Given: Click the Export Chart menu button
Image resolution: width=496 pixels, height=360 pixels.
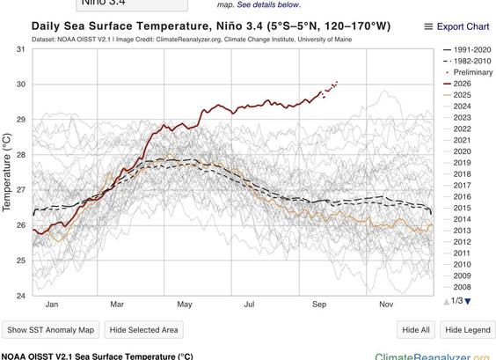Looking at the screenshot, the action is click(456, 26).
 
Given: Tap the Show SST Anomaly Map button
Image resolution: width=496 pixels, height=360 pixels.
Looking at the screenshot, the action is click(51, 330).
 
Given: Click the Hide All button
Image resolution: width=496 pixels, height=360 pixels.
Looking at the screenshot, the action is click(416, 330).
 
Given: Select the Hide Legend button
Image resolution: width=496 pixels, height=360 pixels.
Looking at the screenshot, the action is click(468, 330).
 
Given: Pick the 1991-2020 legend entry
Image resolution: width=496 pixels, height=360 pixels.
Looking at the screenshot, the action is click(467, 49).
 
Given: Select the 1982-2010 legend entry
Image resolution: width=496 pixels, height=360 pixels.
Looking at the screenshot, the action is click(467, 61).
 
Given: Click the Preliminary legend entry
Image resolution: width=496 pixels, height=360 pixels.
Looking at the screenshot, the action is click(469, 72).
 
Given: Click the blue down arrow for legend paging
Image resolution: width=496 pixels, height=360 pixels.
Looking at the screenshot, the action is click(468, 301).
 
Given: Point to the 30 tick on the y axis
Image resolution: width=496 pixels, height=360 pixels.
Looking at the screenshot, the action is click(20, 84).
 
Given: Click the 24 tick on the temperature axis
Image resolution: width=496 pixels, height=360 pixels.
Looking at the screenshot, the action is click(20, 296).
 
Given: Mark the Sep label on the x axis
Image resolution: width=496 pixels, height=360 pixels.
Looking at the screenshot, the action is click(319, 305).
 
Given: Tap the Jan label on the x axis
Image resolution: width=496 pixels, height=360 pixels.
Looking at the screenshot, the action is click(52, 305).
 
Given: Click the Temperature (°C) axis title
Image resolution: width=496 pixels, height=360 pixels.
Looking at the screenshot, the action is click(7, 173).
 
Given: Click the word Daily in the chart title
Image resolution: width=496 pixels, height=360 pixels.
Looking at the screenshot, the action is click(46, 26).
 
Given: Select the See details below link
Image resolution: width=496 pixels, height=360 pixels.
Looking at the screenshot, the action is click(268, 4).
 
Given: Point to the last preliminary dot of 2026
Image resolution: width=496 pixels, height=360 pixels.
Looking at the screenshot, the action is click(337, 82).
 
